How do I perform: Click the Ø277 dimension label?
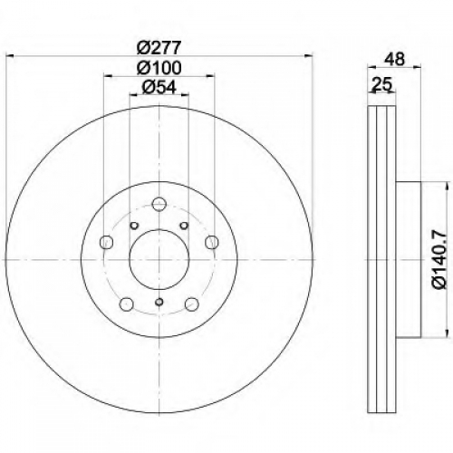pyautogui.click(x=159, y=47)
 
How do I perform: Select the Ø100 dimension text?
pyautogui.click(x=159, y=68)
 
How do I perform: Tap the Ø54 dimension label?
pyautogui.click(x=159, y=88)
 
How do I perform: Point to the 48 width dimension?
pyautogui.click(x=395, y=59)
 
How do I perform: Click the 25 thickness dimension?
pyautogui.click(x=381, y=84)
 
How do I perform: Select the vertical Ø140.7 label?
pyautogui.click(x=439, y=259)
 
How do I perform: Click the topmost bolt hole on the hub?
pyautogui.click(x=159, y=204)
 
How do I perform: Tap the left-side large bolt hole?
pyautogui.click(x=106, y=242)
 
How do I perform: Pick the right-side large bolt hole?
pyautogui.click(x=212, y=242)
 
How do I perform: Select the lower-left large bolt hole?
pyautogui.click(x=127, y=304)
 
